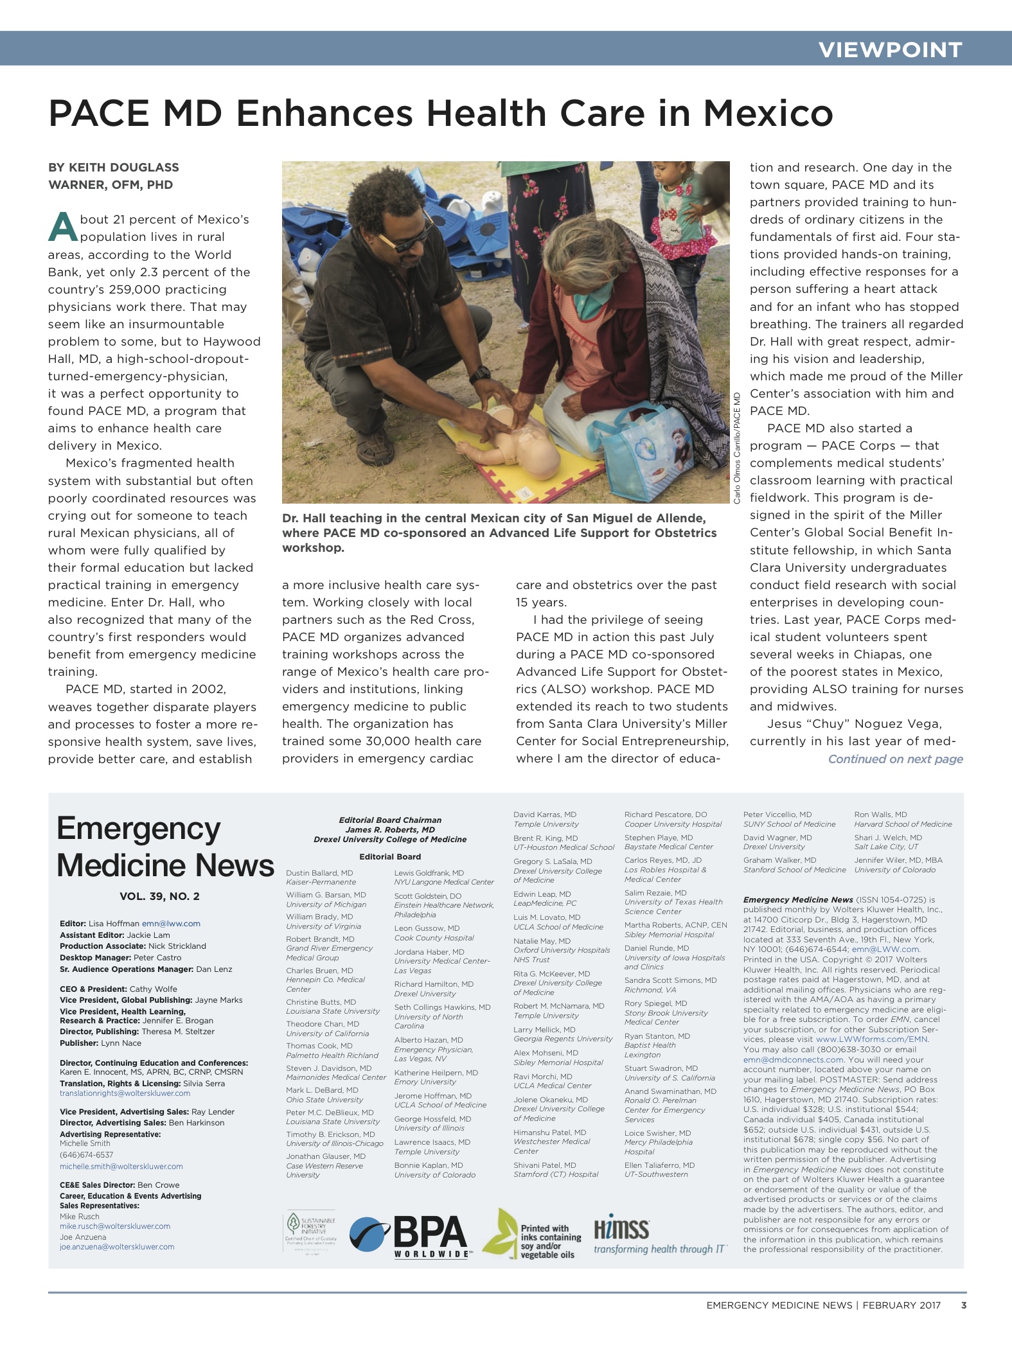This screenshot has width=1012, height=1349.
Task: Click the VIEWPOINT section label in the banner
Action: click(x=890, y=49)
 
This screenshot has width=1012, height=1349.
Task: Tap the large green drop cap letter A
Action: click(x=62, y=227)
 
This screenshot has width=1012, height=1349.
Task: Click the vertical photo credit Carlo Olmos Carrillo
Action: click(x=738, y=448)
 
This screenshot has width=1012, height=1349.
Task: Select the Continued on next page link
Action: click(x=895, y=759)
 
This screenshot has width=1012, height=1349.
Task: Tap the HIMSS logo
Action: click(x=659, y=1237)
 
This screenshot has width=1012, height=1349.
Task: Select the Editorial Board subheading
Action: click(x=390, y=856)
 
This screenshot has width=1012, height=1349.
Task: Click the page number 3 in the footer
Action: click(x=963, y=1305)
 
